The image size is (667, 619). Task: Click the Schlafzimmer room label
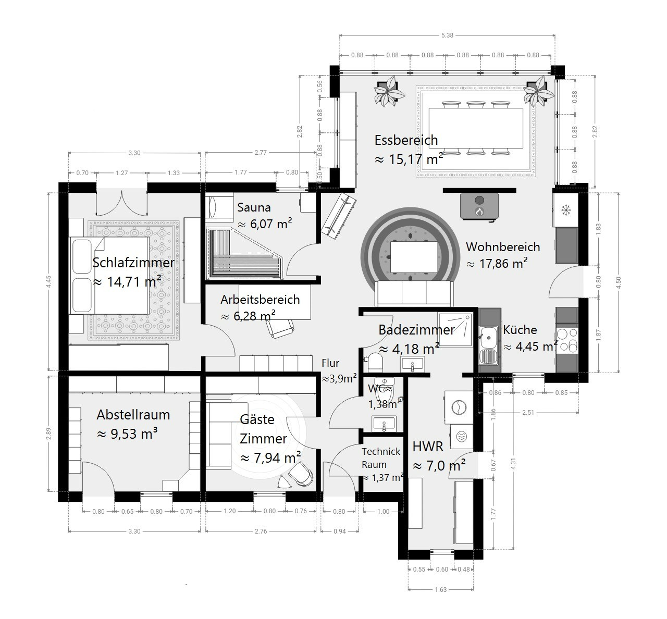(133, 263)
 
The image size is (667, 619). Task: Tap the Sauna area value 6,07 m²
(265, 224)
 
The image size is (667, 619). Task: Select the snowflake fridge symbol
(566, 211)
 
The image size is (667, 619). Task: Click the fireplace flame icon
(479, 212)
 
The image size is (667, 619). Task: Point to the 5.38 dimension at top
(447, 35)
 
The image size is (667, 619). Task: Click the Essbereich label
(406, 140)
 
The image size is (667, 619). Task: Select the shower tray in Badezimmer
(455, 330)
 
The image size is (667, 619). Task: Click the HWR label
(428, 447)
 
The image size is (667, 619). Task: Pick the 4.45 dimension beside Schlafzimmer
(48, 281)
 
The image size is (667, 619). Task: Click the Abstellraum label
(133, 415)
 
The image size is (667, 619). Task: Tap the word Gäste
(257, 419)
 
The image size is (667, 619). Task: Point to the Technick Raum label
(380, 458)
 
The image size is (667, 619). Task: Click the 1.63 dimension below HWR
(440, 589)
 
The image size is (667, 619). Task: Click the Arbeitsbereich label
(260, 300)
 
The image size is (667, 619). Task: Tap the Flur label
(330, 363)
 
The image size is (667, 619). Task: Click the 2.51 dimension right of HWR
(528, 413)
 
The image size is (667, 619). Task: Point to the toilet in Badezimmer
(375, 361)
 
